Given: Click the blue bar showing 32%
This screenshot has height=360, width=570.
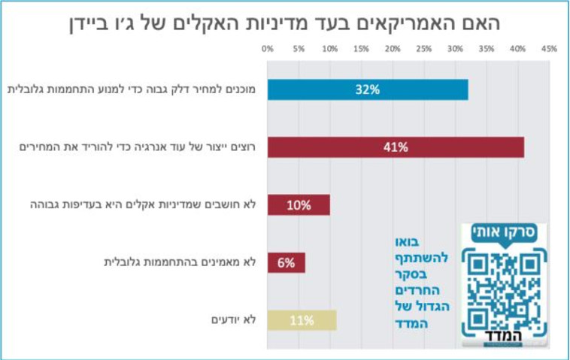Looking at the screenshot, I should tap(368, 89).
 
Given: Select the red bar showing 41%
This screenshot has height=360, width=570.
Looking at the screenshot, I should tap(396, 147).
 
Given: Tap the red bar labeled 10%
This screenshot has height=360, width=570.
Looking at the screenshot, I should tap(299, 204).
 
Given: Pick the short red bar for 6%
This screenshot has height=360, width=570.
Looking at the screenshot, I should tap(286, 262).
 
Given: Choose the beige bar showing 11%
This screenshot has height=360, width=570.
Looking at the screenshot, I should tap(302, 320).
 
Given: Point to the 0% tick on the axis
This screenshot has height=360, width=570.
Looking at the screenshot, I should tap(267, 49).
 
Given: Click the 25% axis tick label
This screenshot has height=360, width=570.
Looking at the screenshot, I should tap(423, 49).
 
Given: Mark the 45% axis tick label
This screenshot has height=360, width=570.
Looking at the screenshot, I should tap(549, 49).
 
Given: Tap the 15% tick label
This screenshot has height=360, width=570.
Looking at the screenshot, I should tap(361, 49).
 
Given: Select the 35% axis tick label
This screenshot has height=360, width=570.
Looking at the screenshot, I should tap(487, 49).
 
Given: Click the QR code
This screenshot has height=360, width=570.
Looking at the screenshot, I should tap(503, 289).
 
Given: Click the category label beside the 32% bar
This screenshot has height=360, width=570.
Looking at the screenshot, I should tap(132, 89).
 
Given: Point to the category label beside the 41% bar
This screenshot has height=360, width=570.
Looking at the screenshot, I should tap(138, 147).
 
